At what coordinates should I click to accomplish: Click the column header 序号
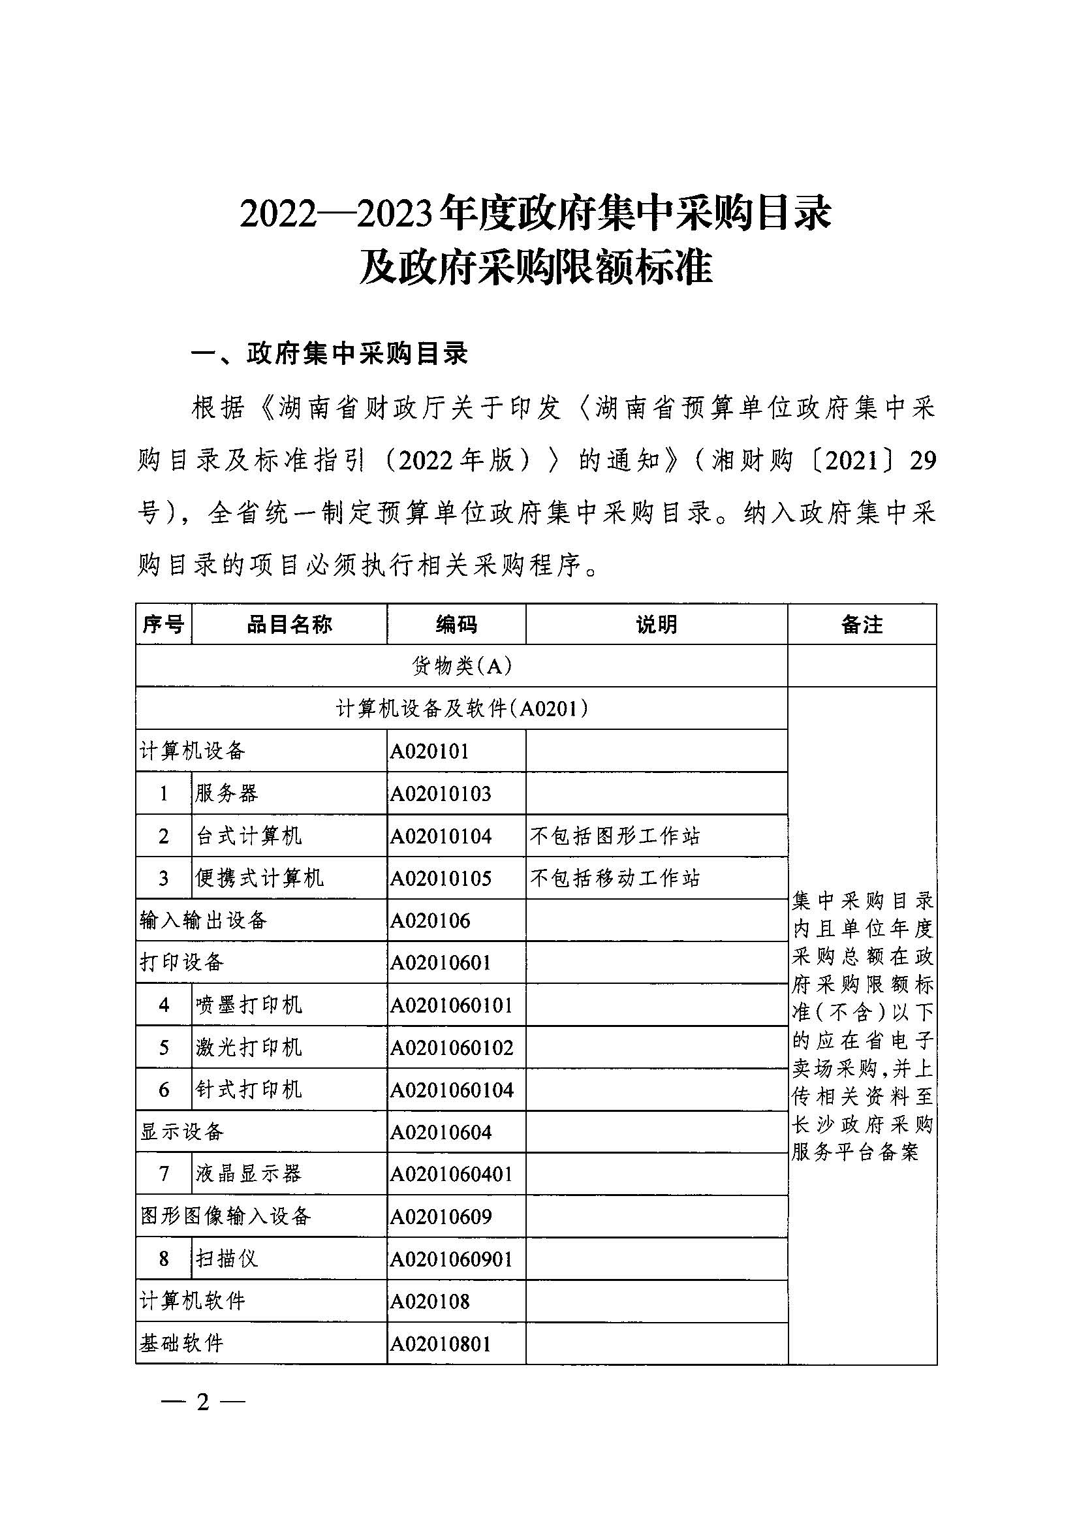pyautogui.click(x=163, y=624)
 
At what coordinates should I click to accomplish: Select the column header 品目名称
pyautogui.click(x=289, y=624)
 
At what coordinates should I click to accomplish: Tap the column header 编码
pyautogui.click(x=456, y=624)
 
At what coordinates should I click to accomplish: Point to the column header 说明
pyautogui.click(x=657, y=624)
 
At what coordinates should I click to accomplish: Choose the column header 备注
pyautogui.click(x=862, y=624)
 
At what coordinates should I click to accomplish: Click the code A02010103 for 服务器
pyautogui.click(x=441, y=794)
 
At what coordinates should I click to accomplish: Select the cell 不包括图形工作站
pyautogui.click(x=615, y=836)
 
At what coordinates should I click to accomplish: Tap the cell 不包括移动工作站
pyautogui.click(x=615, y=878)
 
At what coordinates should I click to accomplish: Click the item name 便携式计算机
pyautogui.click(x=260, y=878)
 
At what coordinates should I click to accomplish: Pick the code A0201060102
pyautogui.click(x=452, y=1048)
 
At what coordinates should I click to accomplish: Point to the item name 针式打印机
pyautogui.click(x=249, y=1090)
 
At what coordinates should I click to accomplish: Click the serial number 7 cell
pyautogui.click(x=164, y=1173)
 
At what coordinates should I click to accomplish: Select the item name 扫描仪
pyautogui.click(x=227, y=1259)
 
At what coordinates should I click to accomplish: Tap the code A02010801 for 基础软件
pyautogui.click(x=441, y=1344)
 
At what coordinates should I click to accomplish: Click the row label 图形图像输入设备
pyautogui.click(x=226, y=1217)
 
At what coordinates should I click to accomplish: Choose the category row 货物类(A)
pyautogui.click(x=461, y=666)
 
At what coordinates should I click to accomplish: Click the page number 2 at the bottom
pyautogui.click(x=203, y=1402)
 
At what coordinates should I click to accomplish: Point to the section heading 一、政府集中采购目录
pyautogui.click(x=330, y=355)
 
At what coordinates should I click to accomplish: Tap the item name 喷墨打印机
pyautogui.click(x=249, y=1005)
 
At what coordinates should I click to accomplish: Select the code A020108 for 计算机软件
pyautogui.click(x=430, y=1301)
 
